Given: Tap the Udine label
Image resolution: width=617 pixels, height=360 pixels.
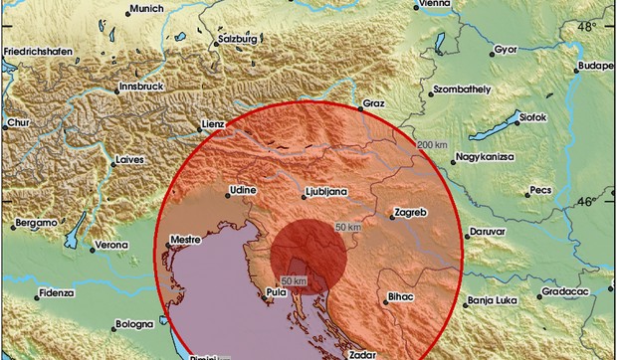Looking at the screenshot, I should (243, 189).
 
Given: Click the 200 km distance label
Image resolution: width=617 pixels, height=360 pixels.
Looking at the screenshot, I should (432, 146).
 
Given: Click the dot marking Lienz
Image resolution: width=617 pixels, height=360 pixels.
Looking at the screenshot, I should (226, 125).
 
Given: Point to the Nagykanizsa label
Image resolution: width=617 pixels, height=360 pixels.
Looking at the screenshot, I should (488, 158).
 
